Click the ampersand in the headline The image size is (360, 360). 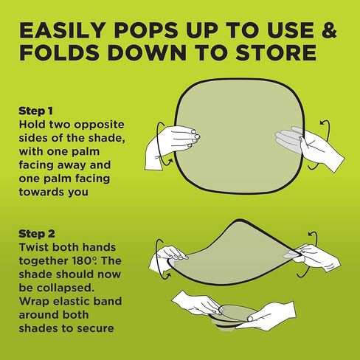tap(329, 30)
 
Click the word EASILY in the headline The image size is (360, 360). tap(63, 30)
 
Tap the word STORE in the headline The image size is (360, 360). tap(276, 52)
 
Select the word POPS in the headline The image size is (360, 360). tap(146, 30)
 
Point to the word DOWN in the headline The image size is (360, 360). tap(147, 52)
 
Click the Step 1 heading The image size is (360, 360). tap(35, 111)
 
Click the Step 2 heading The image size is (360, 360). tap(37, 234)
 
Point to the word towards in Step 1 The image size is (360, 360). tap(37, 192)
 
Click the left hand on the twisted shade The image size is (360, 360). tap(167, 259)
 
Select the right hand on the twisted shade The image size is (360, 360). tap(315, 257)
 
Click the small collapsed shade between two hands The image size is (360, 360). tap(233, 316)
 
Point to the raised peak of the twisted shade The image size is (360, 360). tap(238, 221)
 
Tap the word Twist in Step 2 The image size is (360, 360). tap(34, 247)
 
